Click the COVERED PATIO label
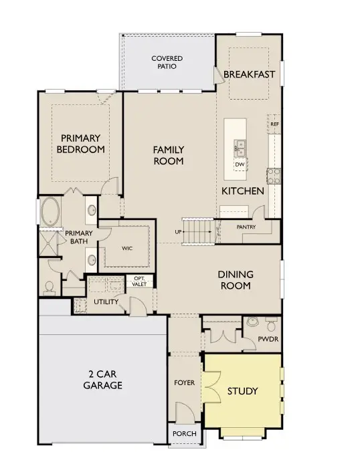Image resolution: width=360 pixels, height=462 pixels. [x=167, y=63]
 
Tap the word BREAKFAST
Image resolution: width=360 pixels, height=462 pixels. [x=249, y=74]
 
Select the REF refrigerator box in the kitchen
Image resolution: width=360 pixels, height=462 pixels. [x=274, y=124]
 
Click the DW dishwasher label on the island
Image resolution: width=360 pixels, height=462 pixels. [x=239, y=164]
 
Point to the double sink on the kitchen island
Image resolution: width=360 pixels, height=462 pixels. [x=240, y=147]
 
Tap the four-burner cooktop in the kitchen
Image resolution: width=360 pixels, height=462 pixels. [x=274, y=175]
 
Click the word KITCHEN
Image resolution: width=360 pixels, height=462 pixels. [x=243, y=191]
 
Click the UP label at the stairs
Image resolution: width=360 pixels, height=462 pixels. [x=179, y=231]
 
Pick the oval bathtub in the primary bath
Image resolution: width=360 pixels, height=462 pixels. [x=50, y=213]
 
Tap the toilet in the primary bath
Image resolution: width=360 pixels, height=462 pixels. [x=48, y=287]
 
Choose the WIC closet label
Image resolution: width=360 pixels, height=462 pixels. [x=127, y=247]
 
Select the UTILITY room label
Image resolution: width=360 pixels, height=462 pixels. [x=106, y=302]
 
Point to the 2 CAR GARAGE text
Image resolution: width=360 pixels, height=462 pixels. [x=102, y=380]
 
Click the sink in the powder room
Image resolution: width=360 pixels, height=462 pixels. [x=252, y=322]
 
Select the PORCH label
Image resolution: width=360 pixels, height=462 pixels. [x=184, y=434]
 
